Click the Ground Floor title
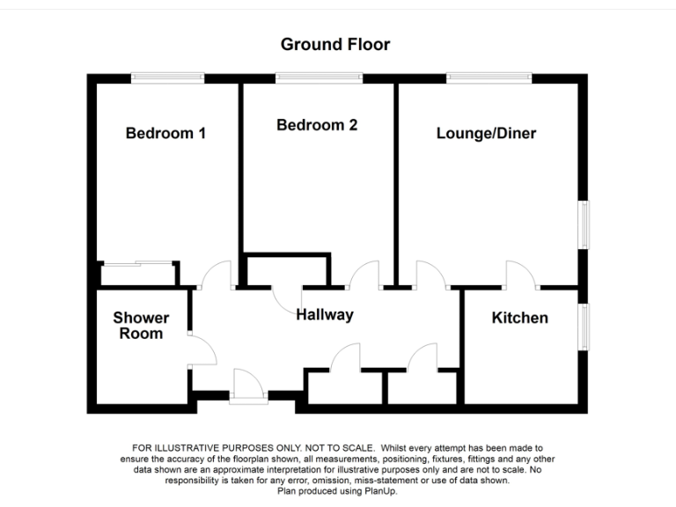[334, 44]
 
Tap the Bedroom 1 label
[165, 134]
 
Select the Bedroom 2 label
[317, 125]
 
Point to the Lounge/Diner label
[486, 134]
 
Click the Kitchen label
[519, 318]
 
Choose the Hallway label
[325, 315]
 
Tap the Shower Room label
[141, 326]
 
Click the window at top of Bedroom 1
[167, 78]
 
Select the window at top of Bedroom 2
[318, 78]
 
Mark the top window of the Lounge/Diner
[488, 78]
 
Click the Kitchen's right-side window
[583, 327]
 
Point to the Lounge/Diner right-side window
[583, 225]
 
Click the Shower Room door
[202, 349]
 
